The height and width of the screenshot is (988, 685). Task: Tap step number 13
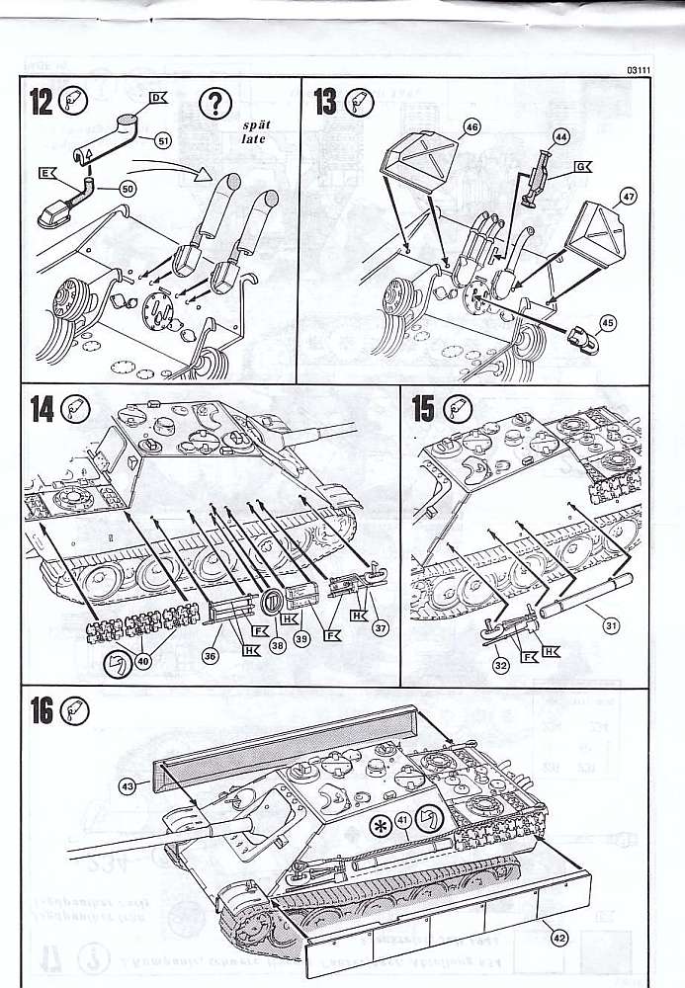325,102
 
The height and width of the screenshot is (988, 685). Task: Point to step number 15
423,409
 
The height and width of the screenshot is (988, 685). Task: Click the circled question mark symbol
214,103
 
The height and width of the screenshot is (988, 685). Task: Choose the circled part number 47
629,197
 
